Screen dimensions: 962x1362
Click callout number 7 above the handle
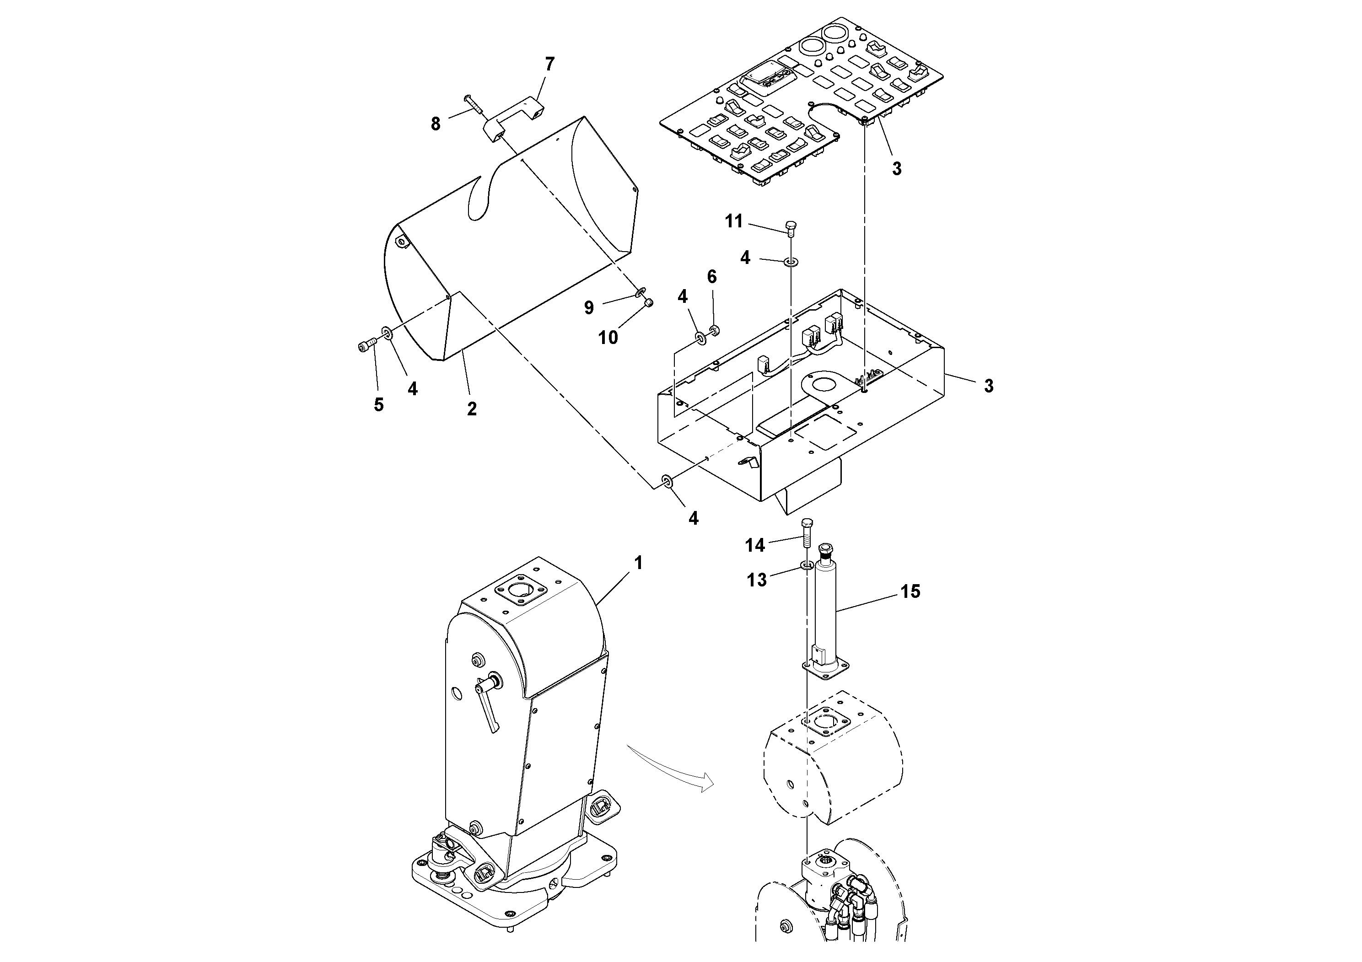click(x=549, y=64)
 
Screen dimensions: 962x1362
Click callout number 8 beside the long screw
click(x=436, y=124)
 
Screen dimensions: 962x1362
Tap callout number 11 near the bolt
click(x=734, y=221)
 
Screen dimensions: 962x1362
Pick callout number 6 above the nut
click(x=712, y=277)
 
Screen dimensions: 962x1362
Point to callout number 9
click(x=588, y=307)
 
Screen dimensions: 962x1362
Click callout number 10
click(x=608, y=338)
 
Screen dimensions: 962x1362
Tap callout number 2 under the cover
click(x=472, y=408)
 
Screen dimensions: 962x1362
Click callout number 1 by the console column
click(x=638, y=562)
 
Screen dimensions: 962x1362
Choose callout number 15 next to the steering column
click(x=910, y=591)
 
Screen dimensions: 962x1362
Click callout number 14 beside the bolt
click(x=754, y=545)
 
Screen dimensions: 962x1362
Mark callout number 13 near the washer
click(x=756, y=580)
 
